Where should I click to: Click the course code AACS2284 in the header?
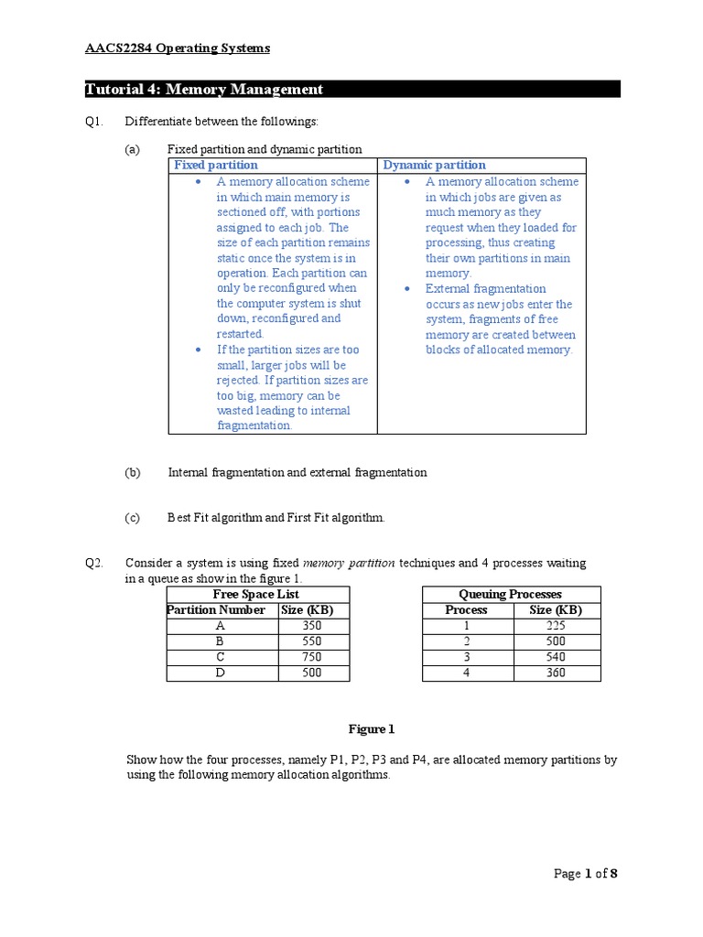coord(115,48)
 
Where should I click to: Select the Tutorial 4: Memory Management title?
coord(204,89)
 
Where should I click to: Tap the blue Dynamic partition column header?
coord(434,166)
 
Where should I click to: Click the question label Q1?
coord(94,122)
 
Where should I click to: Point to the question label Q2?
coord(94,563)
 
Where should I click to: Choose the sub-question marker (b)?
coord(133,473)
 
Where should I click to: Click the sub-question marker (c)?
coord(133,518)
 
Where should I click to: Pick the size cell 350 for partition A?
coord(313,626)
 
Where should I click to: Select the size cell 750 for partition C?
coord(313,657)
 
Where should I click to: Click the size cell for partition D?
coord(313,673)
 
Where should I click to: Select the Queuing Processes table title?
coord(510,594)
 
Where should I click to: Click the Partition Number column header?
coord(217,610)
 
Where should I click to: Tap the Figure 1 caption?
coord(371,729)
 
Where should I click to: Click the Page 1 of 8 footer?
coord(586,874)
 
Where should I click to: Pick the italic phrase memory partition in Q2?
coord(348,563)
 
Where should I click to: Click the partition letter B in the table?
coord(220,641)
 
